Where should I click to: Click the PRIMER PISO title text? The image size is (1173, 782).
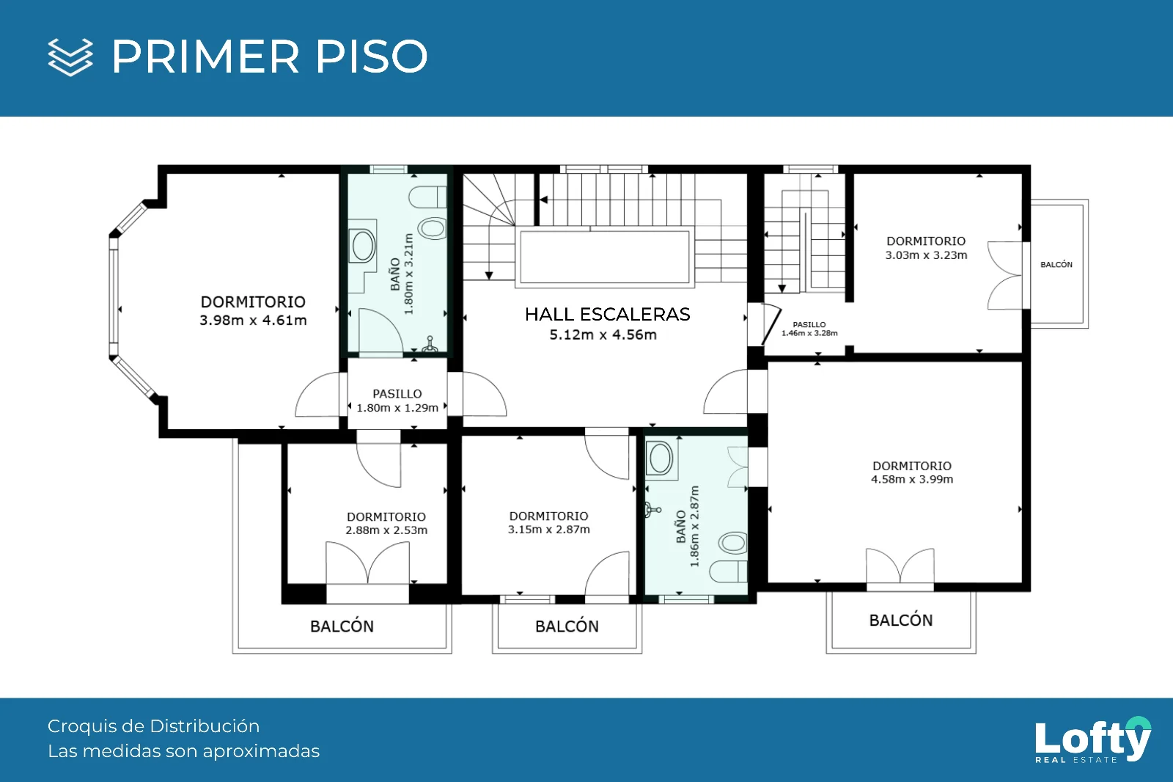click(270, 56)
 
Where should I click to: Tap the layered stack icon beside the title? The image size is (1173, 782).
click(70, 56)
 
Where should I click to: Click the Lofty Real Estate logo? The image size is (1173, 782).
click(1093, 739)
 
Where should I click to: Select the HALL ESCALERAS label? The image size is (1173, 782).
click(608, 314)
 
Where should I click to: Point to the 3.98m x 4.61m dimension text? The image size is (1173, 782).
click(253, 321)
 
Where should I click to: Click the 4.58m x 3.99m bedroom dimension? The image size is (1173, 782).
click(912, 479)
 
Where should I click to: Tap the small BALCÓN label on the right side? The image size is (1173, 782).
click(1056, 265)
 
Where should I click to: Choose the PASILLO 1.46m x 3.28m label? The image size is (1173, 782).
click(809, 329)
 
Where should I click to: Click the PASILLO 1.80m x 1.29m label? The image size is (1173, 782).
click(397, 401)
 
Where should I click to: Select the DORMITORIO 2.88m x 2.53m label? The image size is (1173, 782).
click(386, 523)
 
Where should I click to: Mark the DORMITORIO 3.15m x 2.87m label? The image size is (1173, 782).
click(549, 522)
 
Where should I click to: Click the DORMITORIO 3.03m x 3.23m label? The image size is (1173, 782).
click(926, 248)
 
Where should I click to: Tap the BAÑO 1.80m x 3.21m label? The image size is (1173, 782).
click(402, 274)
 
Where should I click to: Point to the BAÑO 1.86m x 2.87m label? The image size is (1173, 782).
click(688, 526)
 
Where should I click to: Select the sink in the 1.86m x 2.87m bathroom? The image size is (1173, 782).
click(661, 458)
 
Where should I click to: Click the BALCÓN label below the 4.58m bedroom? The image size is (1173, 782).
click(901, 621)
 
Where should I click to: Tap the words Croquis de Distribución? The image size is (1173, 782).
click(153, 726)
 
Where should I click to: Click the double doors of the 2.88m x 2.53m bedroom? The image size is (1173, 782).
click(367, 563)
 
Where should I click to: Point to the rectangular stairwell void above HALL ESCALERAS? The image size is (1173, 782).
click(605, 257)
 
